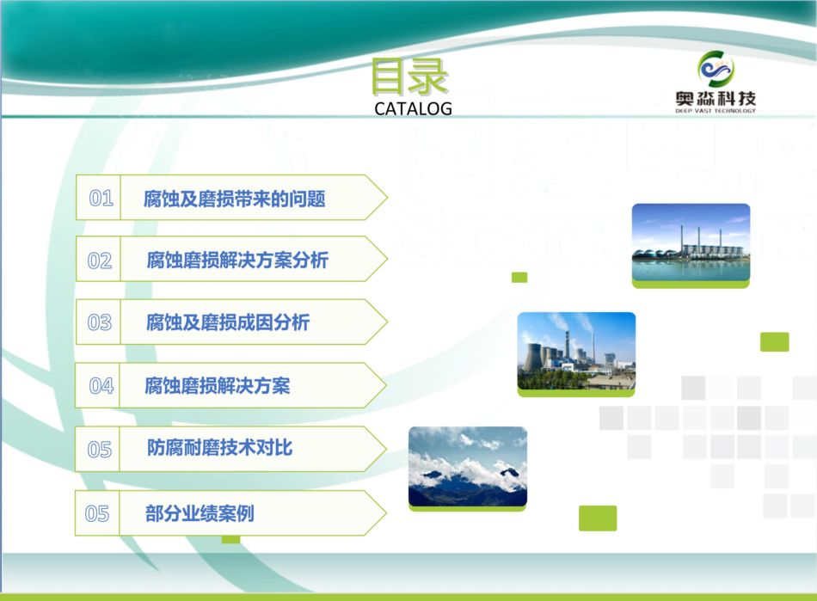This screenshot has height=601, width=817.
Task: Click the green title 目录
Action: pos(409,77)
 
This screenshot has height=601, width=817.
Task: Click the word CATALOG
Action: pos(413,109)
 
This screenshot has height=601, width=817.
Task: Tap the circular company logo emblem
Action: pos(716,69)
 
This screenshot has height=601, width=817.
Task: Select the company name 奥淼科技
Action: pos(716,98)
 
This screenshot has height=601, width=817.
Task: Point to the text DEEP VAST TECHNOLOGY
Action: pos(716,111)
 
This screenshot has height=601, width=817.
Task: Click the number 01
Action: pos(101,199)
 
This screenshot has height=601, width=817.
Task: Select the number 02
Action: pos(100,261)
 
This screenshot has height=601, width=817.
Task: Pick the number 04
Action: pos(101,386)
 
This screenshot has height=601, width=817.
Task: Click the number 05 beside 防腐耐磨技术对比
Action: pos(100,450)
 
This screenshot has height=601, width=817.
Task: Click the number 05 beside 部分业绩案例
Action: pos(97,514)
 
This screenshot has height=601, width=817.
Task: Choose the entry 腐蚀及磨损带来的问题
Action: pos(235,199)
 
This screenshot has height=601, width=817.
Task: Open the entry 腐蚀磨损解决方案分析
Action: pos(237,260)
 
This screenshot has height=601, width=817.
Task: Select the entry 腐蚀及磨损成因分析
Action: pos(228,322)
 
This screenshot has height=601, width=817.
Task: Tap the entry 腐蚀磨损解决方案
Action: pos(218,386)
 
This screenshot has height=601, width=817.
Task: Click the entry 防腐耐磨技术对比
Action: pos(220,448)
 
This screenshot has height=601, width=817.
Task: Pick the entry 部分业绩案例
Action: pos(200,513)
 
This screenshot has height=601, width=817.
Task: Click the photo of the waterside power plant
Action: pos(691,245)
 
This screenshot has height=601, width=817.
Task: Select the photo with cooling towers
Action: pos(576,353)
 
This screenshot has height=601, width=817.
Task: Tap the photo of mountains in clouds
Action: pos(468,469)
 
